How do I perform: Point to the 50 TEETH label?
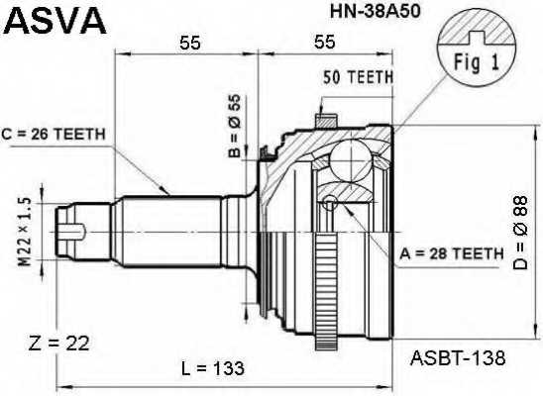[x=360, y=76]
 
